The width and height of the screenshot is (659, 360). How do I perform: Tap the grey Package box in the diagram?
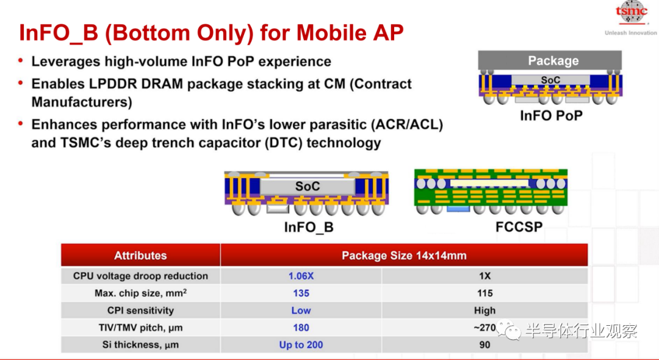point(550,60)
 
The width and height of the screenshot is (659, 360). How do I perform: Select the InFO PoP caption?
point(551,115)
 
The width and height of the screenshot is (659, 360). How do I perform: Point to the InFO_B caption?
point(309,227)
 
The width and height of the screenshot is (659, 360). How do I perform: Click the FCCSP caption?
point(519,227)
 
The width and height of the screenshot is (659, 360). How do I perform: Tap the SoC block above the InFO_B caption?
point(307,187)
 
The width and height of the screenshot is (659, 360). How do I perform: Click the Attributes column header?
point(140,256)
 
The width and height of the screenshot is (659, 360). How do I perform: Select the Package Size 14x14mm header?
point(404,256)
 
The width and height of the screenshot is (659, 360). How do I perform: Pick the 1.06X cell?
point(301,276)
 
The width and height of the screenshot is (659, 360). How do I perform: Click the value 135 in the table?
point(301,293)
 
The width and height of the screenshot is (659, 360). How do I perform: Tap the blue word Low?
point(301,311)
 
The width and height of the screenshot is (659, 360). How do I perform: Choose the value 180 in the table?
point(301,328)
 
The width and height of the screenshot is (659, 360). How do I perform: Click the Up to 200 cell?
point(301,345)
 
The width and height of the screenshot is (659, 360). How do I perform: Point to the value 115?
point(484,293)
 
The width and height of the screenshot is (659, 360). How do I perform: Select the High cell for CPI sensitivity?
point(484,311)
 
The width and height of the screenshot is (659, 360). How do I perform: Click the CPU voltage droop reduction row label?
point(140,276)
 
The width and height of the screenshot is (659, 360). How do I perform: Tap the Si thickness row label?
point(140,345)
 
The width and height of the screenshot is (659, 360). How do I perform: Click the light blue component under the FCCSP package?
point(458,209)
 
